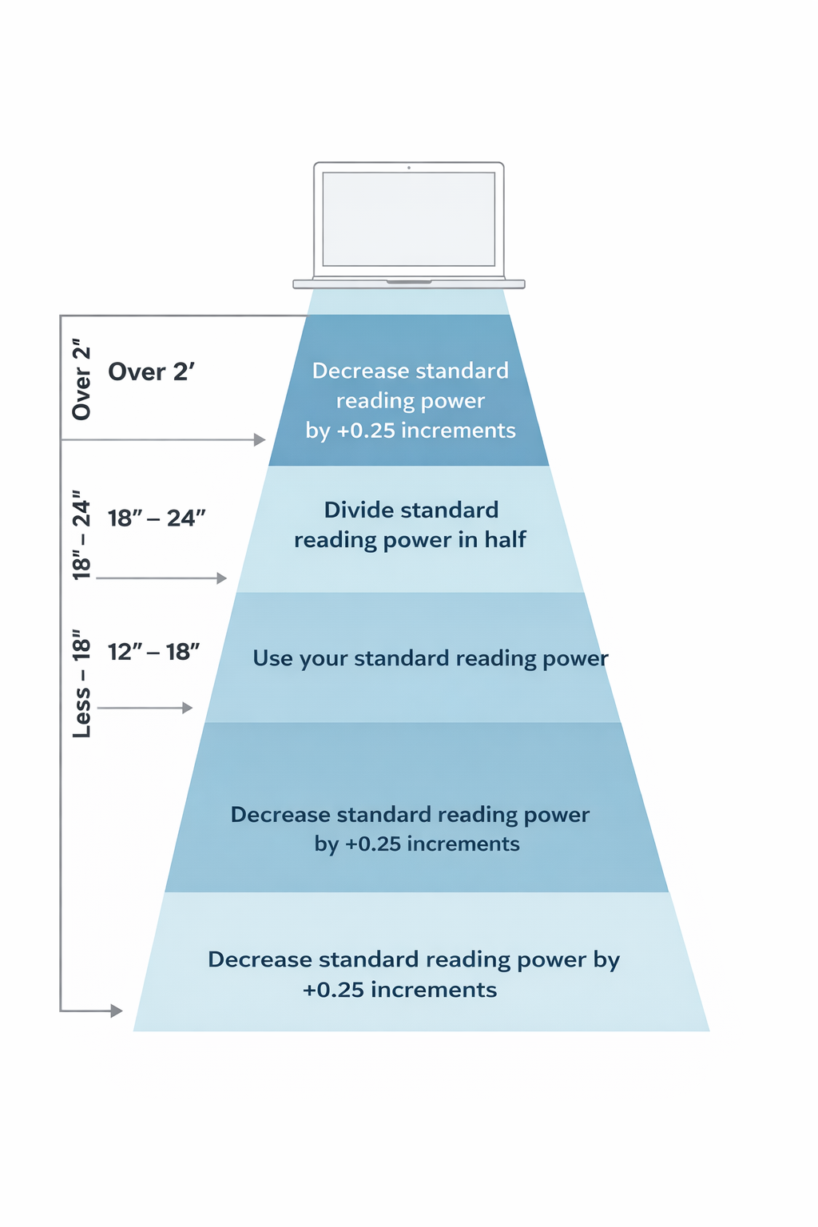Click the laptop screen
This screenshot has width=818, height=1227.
408,219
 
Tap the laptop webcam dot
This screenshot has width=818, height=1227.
409,168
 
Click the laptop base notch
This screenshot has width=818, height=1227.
409,282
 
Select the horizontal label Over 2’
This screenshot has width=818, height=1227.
151,372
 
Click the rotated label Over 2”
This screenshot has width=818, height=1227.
81,383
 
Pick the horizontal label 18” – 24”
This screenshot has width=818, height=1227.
157,518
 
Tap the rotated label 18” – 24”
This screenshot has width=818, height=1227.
81,534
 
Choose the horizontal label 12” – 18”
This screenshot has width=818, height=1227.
153,652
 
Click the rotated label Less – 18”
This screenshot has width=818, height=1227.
81,684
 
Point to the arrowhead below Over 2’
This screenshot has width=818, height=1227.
260,440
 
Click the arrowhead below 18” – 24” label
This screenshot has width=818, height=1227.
222,578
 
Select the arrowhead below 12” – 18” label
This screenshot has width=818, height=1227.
188,708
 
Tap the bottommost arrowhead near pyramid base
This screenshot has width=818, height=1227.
117,1011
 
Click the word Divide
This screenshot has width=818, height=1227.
361,510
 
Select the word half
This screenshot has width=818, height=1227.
505,540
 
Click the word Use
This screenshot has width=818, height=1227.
272,658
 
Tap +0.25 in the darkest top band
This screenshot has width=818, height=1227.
366,431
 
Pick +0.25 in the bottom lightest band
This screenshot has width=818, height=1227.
333,990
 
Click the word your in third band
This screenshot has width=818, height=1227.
324,659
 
